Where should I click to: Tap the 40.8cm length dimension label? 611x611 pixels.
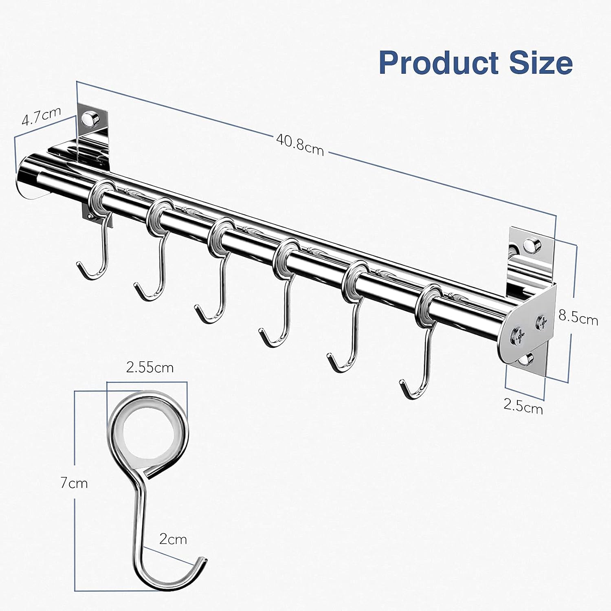click(x=300, y=145)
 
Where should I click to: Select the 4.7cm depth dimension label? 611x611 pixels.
click(x=41, y=116)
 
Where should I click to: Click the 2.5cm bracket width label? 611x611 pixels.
click(x=523, y=406)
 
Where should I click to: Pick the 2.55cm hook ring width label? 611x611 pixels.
click(x=149, y=367)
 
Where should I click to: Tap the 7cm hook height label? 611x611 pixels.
click(x=74, y=483)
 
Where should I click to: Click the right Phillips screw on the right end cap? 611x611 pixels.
click(x=542, y=322)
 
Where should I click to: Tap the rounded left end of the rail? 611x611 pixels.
click(x=25, y=173)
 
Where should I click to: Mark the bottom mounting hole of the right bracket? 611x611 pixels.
click(x=529, y=359)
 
